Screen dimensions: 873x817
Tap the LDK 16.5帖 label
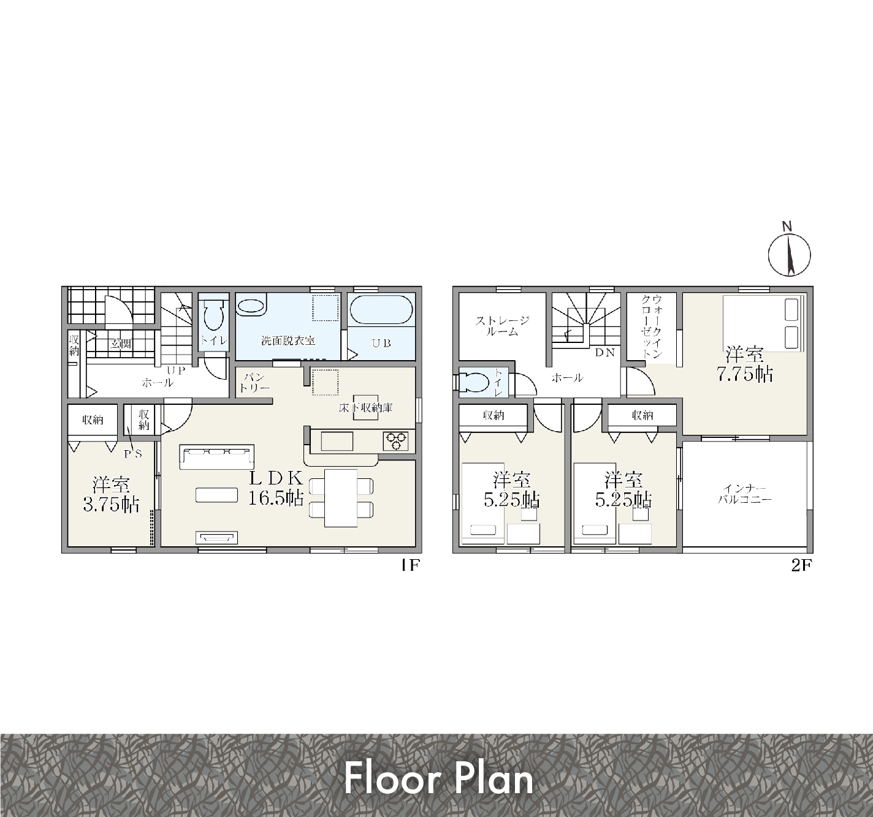click(x=276, y=488)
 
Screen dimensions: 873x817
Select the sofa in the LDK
click(x=216, y=457)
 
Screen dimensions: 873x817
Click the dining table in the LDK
click(x=341, y=498)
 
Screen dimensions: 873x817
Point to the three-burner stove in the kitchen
click(x=395, y=441)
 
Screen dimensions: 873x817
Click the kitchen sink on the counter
click(x=337, y=441)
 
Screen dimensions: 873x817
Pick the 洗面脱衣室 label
click(x=288, y=340)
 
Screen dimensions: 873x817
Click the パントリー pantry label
click(x=254, y=383)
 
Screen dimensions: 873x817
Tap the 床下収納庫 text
click(x=365, y=408)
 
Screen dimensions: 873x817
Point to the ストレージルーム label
click(x=502, y=326)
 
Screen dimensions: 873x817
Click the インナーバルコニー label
click(x=744, y=494)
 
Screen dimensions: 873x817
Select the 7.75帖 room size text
click(x=745, y=374)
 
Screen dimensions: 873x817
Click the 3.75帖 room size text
click(x=111, y=505)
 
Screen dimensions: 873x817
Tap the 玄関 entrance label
click(x=120, y=344)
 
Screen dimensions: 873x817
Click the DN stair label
click(x=604, y=352)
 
